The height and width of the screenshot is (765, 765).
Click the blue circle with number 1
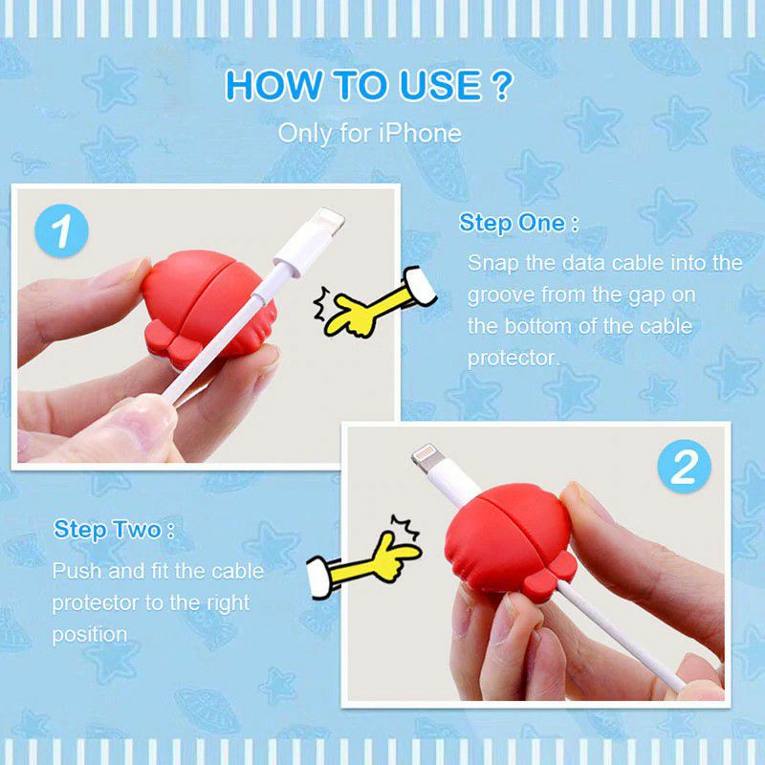click(x=61, y=230)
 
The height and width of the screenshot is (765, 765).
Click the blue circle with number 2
click(x=685, y=467)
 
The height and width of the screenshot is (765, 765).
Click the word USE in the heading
click(x=440, y=85)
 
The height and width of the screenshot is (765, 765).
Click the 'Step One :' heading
click(x=518, y=224)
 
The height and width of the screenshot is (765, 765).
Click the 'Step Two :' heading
click(x=114, y=530)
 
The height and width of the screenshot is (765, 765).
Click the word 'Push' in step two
click(x=77, y=571)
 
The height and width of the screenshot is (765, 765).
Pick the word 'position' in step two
click(x=90, y=635)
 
